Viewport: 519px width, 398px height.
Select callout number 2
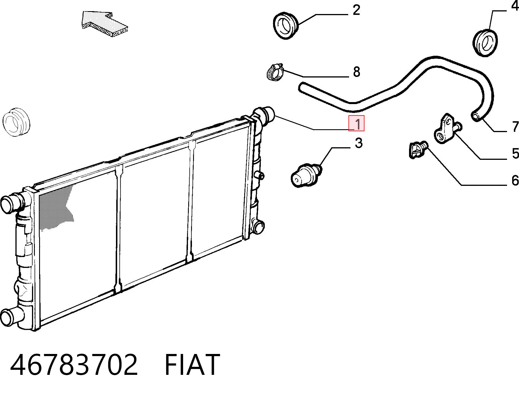tap(356, 10)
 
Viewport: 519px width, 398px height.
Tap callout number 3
tap(358, 143)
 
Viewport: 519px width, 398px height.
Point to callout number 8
tap(356, 72)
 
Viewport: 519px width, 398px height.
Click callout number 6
tap(515, 180)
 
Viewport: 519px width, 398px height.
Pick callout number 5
tap(515, 154)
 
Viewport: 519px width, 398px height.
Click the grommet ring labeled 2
tap(286, 26)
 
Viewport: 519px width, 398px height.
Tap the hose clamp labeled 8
tap(274, 72)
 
